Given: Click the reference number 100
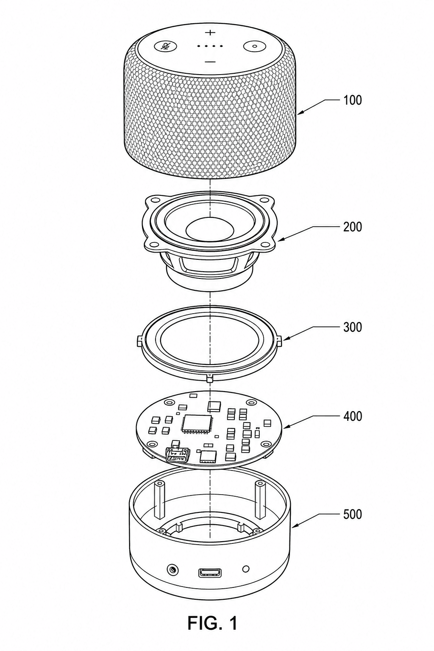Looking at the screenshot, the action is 353,100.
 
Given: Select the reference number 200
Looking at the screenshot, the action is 353,227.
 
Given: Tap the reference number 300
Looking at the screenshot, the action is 353,327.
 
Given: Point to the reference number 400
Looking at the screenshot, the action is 353,416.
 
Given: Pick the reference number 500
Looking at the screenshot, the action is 353,514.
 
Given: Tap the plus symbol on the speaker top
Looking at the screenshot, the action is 210,32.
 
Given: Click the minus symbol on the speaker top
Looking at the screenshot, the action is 210,61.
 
